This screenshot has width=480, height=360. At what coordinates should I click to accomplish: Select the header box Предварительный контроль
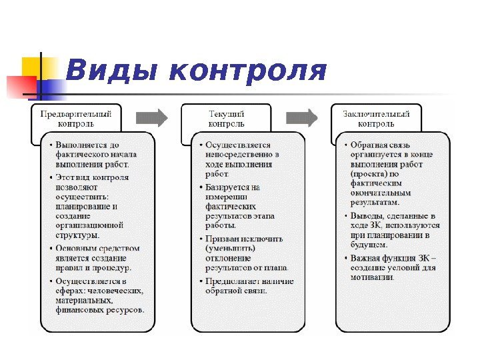[76, 118]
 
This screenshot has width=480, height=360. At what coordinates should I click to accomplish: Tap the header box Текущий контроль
[227, 118]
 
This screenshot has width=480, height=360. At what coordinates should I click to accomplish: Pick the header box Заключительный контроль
[376, 118]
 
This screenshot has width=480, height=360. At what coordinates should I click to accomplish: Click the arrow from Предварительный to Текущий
[151, 117]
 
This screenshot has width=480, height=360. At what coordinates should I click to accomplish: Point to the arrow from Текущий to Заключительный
[302, 117]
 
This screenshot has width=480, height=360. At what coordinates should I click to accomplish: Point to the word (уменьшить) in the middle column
[228, 248]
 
